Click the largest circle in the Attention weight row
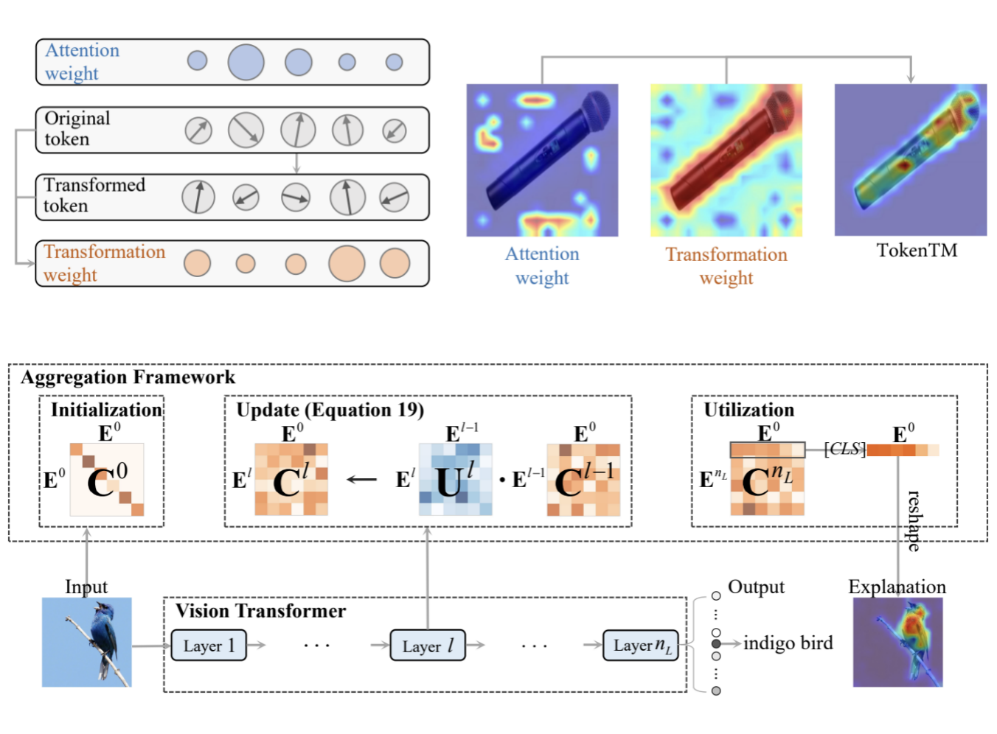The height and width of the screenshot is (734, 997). point(246,62)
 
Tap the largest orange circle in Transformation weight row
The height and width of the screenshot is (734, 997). point(347,263)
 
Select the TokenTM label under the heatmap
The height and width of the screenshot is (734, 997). point(917,251)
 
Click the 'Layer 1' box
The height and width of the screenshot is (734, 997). point(209,646)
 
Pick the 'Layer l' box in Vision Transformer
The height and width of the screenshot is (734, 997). point(428,646)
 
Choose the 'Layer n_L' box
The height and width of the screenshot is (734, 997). point(641,646)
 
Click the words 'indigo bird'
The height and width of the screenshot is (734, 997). point(788,643)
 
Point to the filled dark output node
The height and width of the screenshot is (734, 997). point(716,643)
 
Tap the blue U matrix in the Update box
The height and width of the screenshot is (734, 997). point(455,479)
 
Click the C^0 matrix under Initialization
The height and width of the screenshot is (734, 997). point(107,480)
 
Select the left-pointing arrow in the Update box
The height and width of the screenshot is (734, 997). point(361,480)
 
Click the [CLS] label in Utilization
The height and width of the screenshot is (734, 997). point(844,449)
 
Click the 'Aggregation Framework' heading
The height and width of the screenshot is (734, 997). point(128,377)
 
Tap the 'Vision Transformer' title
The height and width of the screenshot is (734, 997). point(260,611)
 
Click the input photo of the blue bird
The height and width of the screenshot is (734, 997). point(87,642)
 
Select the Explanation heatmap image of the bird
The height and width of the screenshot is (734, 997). point(897,642)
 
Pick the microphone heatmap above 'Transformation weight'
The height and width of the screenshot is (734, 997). point(726,160)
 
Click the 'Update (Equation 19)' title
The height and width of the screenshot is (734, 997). point(330,410)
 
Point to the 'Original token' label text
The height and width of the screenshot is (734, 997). point(77,129)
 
